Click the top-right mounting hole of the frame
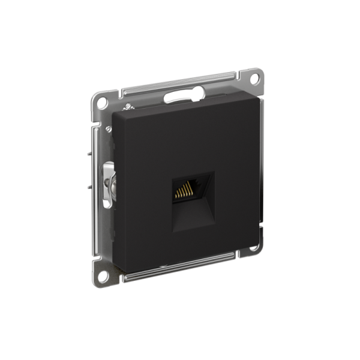click(x=254, y=77)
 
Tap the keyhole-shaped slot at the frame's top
click(x=180, y=94)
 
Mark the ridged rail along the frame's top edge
click(x=180, y=83)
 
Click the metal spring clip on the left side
click(x=107, y=184)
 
